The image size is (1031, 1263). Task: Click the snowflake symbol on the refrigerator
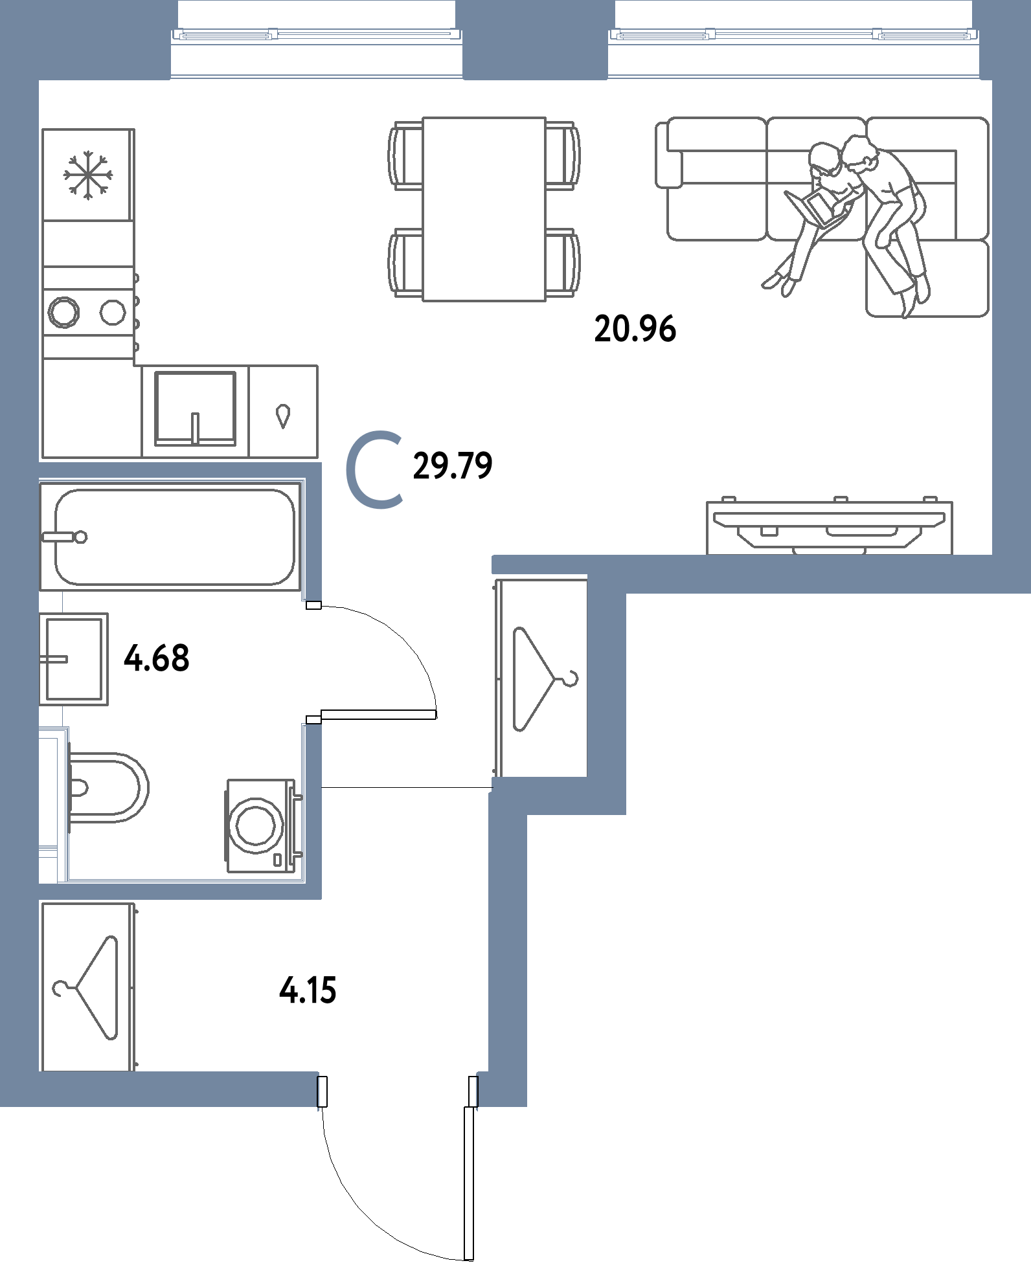[88, 173]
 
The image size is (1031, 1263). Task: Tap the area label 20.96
[635, 330]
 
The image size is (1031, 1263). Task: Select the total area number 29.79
[453, 465]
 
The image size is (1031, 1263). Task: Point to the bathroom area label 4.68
[156, 659]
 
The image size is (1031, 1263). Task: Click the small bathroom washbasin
[74, 659]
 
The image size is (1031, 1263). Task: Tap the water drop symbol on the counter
[282, 416]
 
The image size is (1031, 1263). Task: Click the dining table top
[484, 208]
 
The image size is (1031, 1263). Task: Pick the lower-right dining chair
[562, 262]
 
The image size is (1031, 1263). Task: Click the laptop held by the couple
[817, 207]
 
